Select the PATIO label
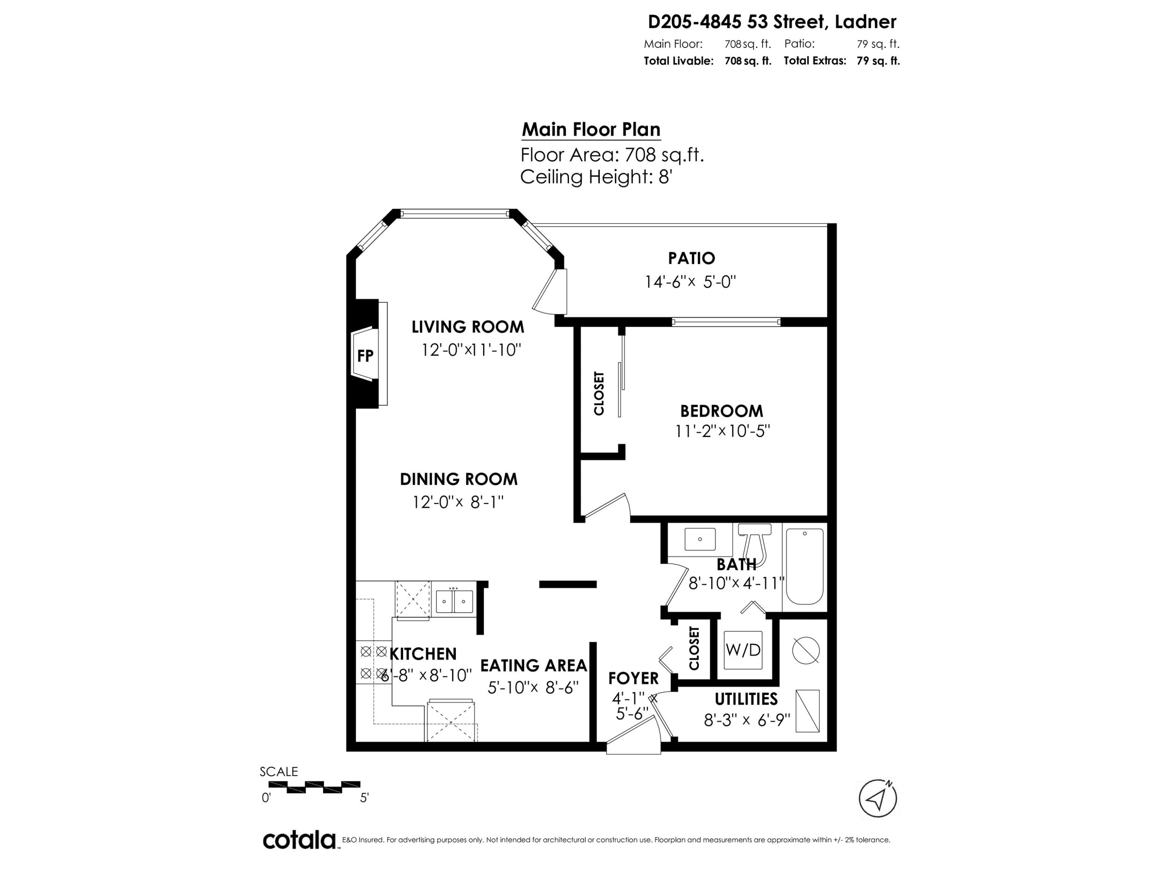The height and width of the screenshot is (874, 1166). click(x=691, y=258)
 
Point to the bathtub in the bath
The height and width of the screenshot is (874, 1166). click(x=805, y=566)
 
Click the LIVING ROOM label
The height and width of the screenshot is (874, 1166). click(x=468, y=327)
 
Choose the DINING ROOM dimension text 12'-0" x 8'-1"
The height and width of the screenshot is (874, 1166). click(x=458, y=502)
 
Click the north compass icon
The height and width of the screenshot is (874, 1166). click(x=878, y=799)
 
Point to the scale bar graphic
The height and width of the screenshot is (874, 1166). click(x=315, y=787)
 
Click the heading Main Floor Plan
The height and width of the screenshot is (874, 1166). click(x=591, y=130)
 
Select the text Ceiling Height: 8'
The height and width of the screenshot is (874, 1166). click(x=596, y=177)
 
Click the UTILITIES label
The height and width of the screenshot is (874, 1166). click(x=746, y=699)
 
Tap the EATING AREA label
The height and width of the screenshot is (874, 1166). click(x=534, y=665)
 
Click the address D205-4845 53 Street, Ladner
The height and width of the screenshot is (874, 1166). click(x=772, y=22)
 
